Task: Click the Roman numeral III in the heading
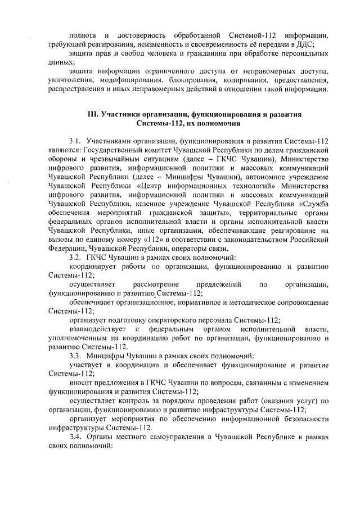coord(93,114)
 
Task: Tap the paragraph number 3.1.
coord(75,141)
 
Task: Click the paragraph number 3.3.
coord(75,356)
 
